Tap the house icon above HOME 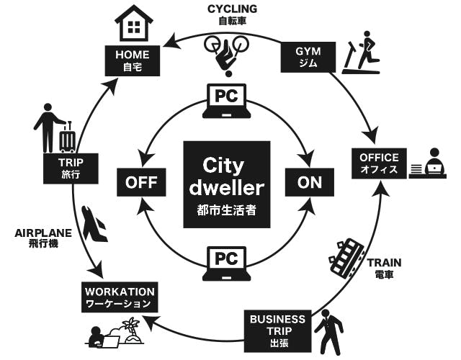tap(134, 23)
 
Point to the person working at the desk tap(432, 163)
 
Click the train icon tap(348, 256)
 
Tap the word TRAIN tap(384, 263)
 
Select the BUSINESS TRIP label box tap(277, 330)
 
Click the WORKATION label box tap(120, 297)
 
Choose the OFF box tap(141, 182)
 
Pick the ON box tap(310, 182)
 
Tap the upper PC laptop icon tap(226, 100)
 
